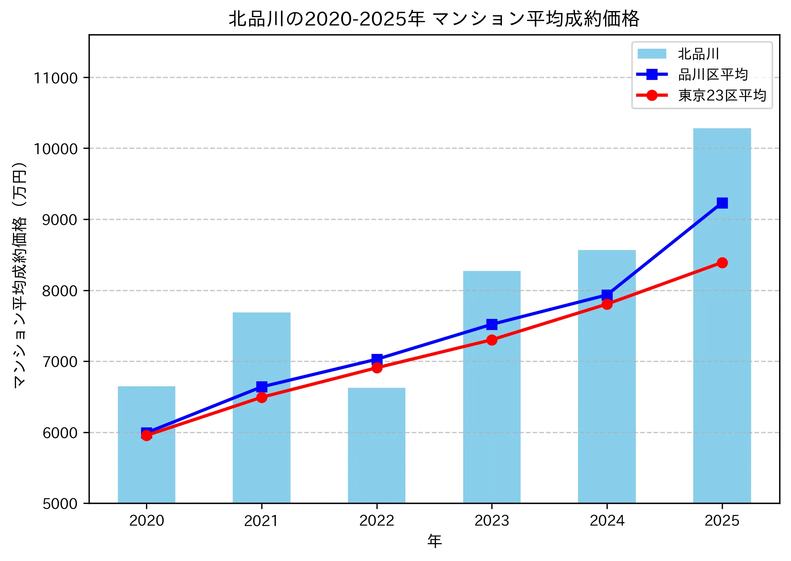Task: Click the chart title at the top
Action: [434, 19]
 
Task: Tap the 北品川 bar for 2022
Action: [376, 445]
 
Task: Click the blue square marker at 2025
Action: [722, 203]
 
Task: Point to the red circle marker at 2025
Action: [722, 263]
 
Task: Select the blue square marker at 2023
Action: [492, 324]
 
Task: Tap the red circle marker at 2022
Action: [376, 368]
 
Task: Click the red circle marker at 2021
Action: [261, 397]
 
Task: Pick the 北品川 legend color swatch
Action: [652, 54]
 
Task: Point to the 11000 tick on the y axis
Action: [56, 78]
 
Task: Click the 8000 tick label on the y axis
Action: [59, 291]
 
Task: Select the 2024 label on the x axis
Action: [607, 520]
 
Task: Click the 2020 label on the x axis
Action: [146, 520]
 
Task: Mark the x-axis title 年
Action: [434, 540]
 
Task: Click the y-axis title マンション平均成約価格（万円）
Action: [20, 275]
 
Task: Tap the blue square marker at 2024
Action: [607, 295]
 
